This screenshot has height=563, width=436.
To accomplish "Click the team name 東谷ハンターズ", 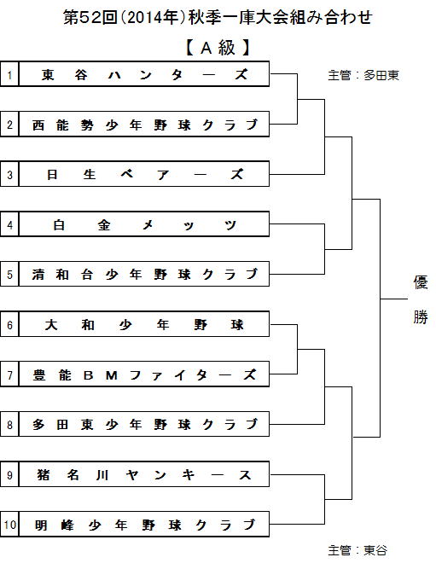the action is click(x=144, y=74).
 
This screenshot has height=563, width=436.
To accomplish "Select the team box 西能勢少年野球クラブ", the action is click(x=144, y=125).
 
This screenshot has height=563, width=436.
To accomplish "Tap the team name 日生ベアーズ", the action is click(x=144, y=175).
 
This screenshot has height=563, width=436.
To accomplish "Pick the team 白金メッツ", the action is click(x=144, y=224).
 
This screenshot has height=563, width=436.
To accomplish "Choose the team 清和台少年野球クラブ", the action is click(x=144, y=275).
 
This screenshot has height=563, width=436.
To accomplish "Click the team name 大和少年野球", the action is click(x=144, y=325).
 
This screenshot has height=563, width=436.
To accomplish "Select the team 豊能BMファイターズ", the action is click(x=144, y=374).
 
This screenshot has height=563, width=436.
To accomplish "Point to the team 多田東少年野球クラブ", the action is click(x=144, y=425).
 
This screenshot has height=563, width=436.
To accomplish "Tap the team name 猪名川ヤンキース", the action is click(x=144, y=474).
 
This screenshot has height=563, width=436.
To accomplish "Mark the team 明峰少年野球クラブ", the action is click(x=144, y=525).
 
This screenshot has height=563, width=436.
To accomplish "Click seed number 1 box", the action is click(x=9, y=74).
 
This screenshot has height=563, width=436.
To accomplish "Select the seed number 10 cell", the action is click(x=9, y=525).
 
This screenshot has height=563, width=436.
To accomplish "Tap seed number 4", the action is click(x=9, y=225).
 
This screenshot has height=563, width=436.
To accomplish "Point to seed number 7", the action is click(x=9, y=375).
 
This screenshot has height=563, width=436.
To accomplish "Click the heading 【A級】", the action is click(x=218, y=48).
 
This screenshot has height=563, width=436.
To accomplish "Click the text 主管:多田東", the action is click(x=363, y=75).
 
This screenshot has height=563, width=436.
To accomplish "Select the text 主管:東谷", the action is click(x=358, y=550).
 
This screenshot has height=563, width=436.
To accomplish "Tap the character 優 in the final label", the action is click(x=420, y=282).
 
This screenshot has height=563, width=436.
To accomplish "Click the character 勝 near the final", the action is click(x=420, y=316).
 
